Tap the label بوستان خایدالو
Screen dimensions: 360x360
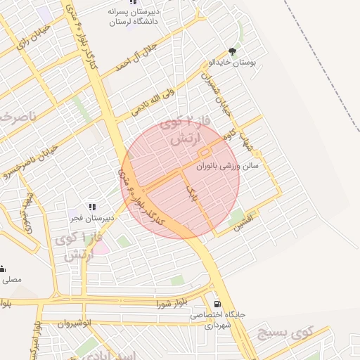233,63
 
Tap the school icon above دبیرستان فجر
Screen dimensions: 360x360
92,207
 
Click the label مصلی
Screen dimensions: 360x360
11,279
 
